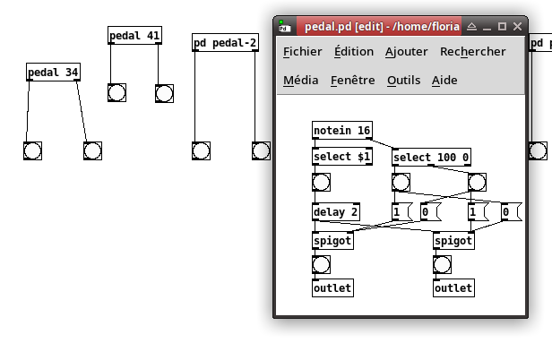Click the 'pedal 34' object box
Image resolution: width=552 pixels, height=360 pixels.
53,73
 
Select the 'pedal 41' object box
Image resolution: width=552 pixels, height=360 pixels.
134,35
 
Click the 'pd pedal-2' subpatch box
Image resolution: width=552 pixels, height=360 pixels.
225,43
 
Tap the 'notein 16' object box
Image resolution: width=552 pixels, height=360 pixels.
342,130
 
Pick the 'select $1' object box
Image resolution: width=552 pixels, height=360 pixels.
342,156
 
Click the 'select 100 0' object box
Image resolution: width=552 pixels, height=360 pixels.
431,157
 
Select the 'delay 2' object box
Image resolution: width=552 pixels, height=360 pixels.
336,212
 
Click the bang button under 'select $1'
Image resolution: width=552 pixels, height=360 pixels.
321,183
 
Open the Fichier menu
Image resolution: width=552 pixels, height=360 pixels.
302,52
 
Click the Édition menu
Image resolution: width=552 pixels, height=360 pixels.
354,51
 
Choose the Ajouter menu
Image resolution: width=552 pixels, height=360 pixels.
407,52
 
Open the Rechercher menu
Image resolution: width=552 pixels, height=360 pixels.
473,52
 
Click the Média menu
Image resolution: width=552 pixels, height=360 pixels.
301,81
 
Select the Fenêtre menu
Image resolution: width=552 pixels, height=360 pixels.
353,81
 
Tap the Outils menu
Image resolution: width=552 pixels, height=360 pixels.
404,81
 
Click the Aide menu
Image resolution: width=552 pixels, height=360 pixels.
444,81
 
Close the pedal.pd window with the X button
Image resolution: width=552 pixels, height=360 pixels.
517,26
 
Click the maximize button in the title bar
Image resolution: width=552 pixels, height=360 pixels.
502,26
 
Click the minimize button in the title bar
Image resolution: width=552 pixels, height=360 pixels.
487,28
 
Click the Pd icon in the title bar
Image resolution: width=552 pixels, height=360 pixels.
284,26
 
